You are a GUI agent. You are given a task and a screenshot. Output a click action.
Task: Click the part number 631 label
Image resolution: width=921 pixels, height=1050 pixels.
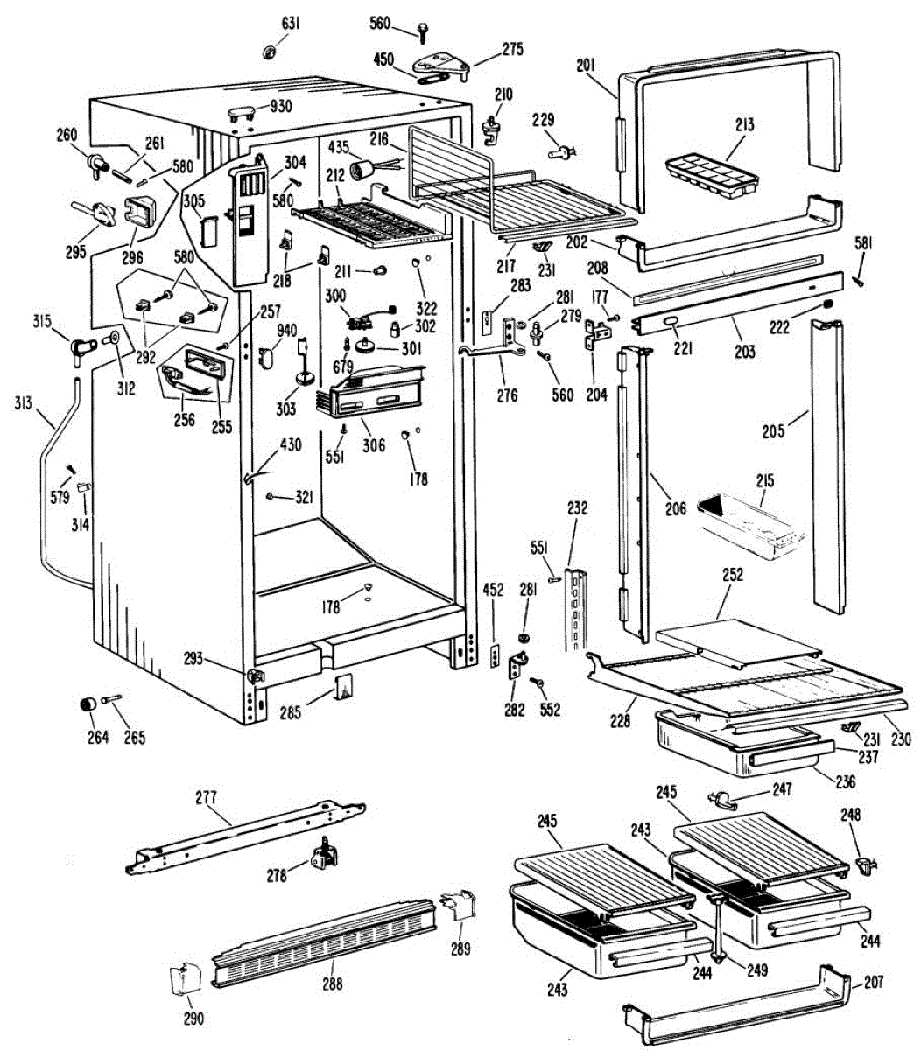click(x=291, y=24)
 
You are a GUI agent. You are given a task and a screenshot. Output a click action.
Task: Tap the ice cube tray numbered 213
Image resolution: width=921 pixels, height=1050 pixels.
click(x=712, y=178)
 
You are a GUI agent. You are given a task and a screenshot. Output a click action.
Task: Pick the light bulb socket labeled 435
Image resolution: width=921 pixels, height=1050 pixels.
click(x=362, y=170)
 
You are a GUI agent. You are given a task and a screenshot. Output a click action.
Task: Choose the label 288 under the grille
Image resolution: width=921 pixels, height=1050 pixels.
click(x=333, y=983)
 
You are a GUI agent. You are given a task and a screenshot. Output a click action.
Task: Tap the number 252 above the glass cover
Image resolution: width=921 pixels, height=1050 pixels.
click(x=732, y=575)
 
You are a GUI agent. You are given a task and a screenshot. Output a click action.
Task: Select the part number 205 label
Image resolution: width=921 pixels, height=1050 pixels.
click(x=773, y=431)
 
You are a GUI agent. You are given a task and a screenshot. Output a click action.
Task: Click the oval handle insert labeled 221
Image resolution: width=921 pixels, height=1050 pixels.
click(x=671, y=322)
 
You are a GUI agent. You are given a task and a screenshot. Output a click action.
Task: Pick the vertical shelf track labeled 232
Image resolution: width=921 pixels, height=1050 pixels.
click(x=577, y=610)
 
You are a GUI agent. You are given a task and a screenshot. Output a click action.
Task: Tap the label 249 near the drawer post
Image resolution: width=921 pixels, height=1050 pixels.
click(x=756, y=969)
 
